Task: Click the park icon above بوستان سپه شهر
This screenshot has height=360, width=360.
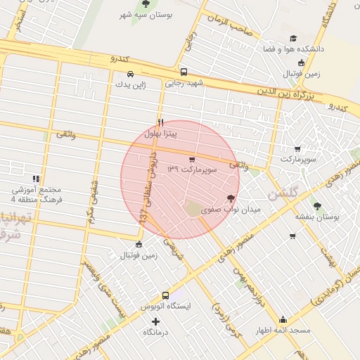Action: pyautogui.click(x=146, y=4)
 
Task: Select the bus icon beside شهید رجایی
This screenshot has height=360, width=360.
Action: pyautogui.click(x=184, y=72)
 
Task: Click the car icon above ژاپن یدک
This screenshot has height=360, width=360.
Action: pyautogui.click(x=130, y=73)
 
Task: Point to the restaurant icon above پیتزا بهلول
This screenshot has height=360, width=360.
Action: pyautogui.click(x=160, y=121)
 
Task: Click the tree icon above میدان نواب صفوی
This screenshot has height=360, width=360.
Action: pyautogui.click(x=231, y=198)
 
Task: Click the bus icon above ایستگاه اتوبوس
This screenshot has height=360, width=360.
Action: pyautogui.click(x=165, y=296)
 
